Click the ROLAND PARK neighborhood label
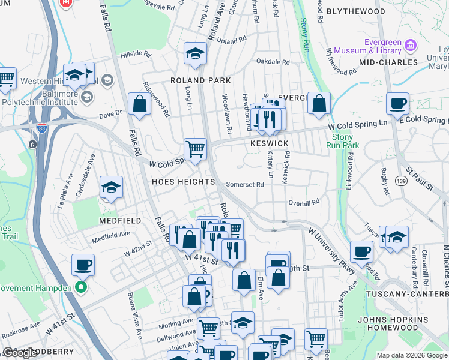coord(200,80)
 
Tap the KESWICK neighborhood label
coord(270,144)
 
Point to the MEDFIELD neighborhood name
coord(120,221)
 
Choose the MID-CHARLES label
coord(388,62)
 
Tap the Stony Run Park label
coord(346,141)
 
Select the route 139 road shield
coord(401,180)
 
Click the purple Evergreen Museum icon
coord(411,45)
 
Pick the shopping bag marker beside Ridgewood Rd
coord(139,103)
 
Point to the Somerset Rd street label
coord(245,185)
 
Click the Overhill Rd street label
coord(303,203)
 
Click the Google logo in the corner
coord(21,353)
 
